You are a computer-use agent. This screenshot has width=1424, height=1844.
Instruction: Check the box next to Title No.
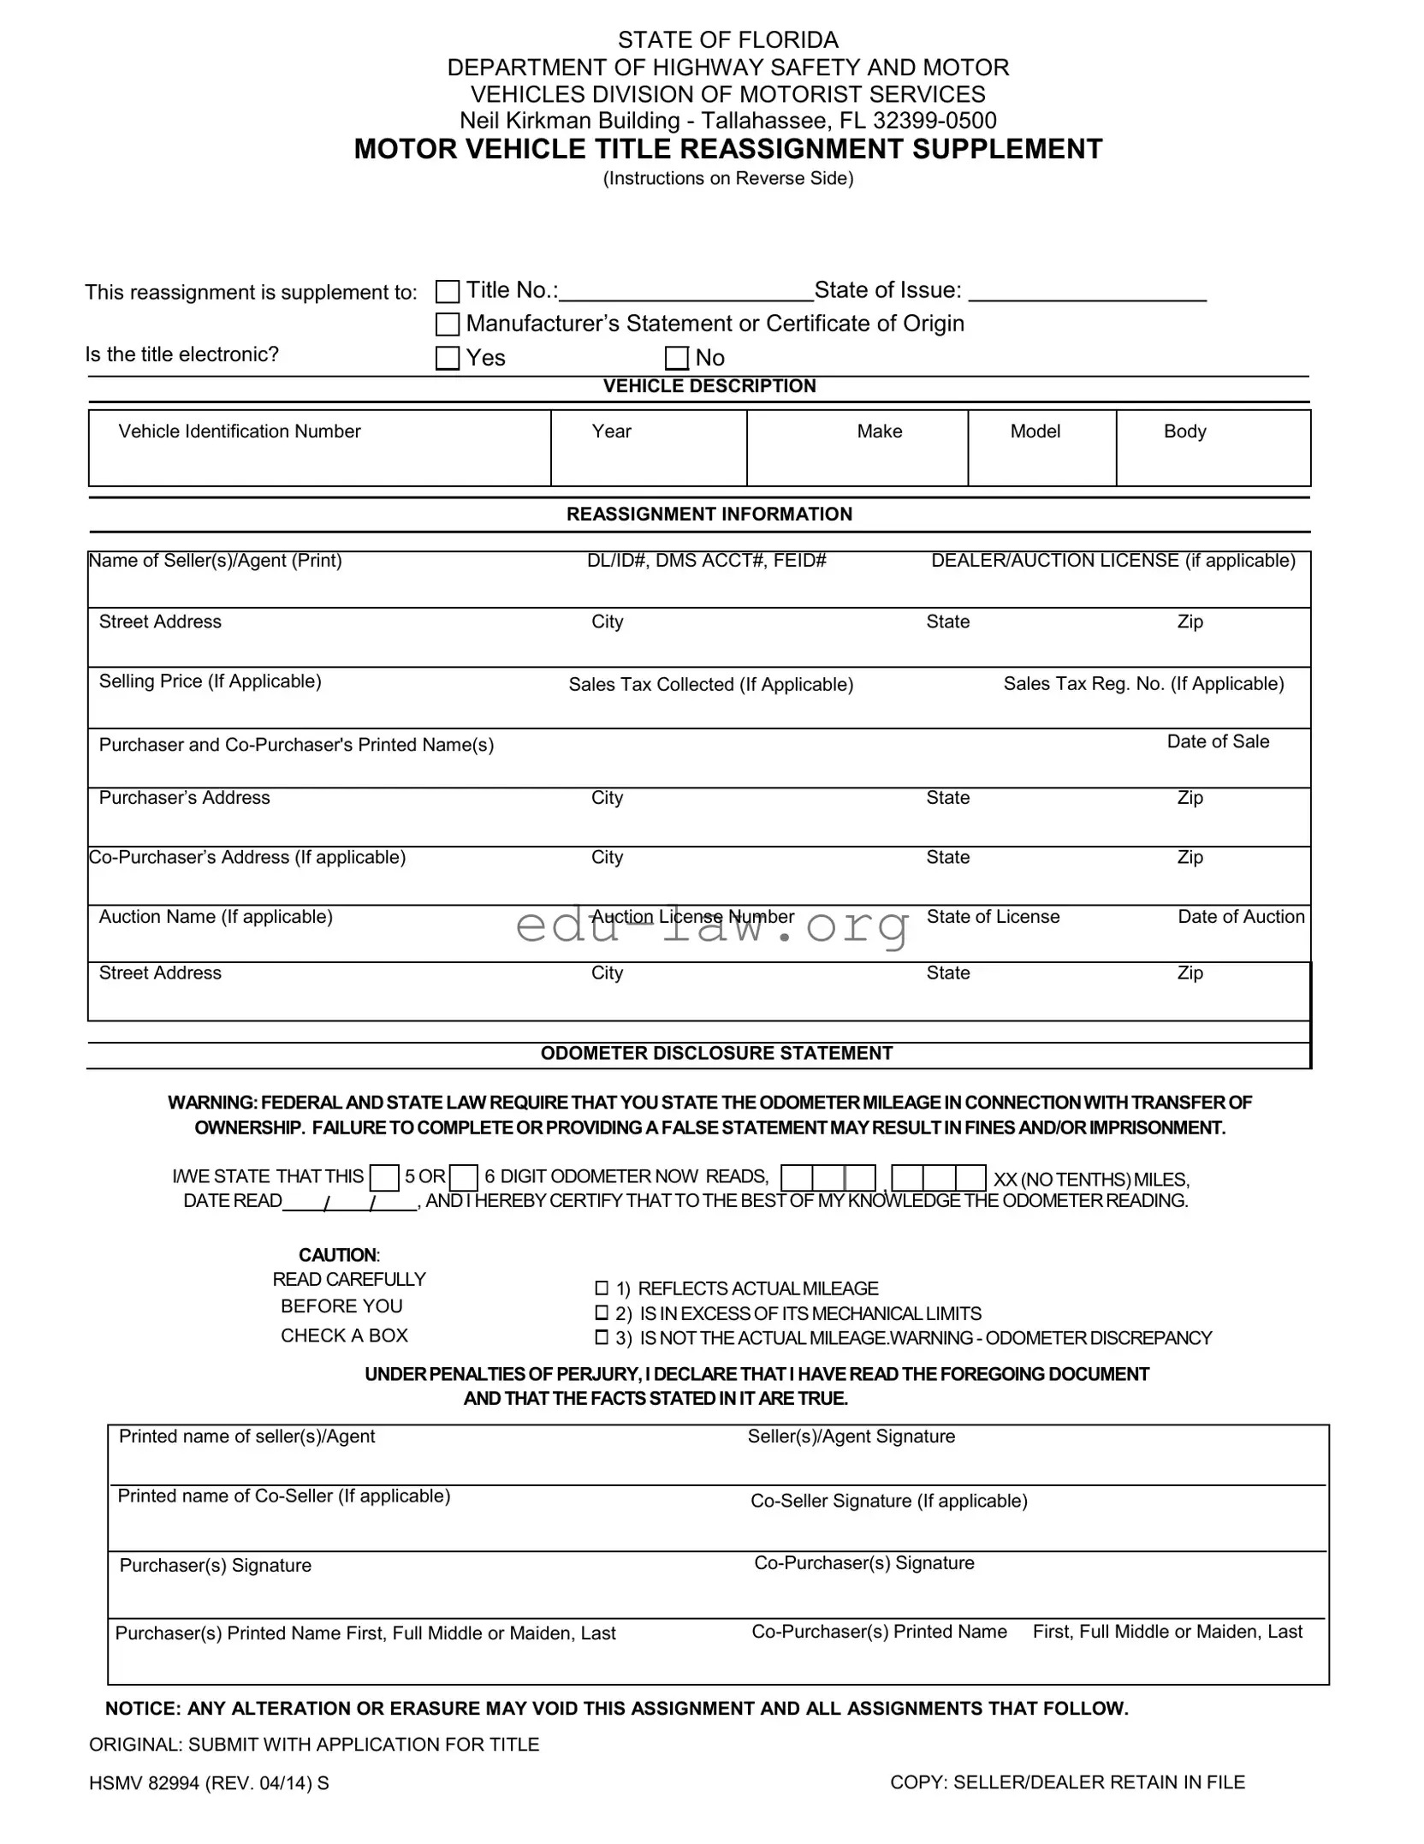[448, 292]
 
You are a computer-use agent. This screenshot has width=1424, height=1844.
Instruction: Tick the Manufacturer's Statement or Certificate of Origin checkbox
[448, 324]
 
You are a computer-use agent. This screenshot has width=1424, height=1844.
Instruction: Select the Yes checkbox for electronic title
[448, 358]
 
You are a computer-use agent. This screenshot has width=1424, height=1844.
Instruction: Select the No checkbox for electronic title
[677, 358]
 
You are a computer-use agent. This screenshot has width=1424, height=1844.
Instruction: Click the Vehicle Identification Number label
[240, 431]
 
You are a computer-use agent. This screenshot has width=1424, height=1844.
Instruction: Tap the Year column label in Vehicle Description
[611, 431]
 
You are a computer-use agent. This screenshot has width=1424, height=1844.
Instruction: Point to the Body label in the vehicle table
[1184, 431]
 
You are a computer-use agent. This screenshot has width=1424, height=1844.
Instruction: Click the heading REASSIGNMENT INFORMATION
[709, 515]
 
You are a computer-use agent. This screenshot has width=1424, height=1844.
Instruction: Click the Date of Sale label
[1218, 742]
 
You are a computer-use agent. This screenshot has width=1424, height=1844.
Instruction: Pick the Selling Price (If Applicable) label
[211, 681]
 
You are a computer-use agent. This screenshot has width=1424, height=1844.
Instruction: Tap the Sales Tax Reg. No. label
[1143, 684]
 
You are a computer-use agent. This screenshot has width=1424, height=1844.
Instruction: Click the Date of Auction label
[1241, 917]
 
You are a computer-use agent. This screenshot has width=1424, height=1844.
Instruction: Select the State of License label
[993, 917]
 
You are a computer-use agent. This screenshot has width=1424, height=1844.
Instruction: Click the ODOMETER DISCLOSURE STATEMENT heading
[716, 1054]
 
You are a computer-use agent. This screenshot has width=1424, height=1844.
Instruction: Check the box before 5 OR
[384, 1179]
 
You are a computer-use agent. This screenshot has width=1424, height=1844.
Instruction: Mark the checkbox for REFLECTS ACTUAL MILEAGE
[602, 1288]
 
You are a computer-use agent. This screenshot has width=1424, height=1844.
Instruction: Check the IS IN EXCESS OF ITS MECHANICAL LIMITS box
[602, 1313]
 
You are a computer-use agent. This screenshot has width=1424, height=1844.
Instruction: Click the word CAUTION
[337, 1256]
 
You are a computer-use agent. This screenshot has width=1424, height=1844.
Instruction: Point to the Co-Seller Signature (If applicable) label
[888, 1502]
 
